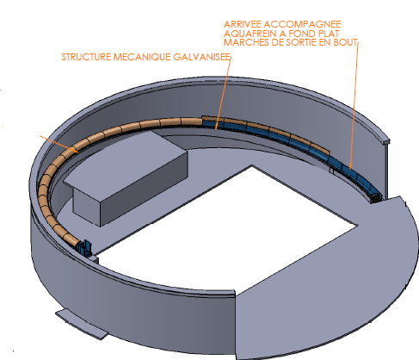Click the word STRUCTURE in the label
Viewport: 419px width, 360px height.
point(86,57)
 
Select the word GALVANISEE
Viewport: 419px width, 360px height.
point(201,57)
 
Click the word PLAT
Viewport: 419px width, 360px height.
point(327,34)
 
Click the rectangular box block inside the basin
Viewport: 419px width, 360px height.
point(126,177)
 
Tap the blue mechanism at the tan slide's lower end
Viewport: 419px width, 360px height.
point(84,248)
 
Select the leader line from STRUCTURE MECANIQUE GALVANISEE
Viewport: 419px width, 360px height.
point(223,93)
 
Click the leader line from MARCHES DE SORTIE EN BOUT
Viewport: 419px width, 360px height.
point(354,106)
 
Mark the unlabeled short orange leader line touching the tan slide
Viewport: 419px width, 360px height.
point(59,144)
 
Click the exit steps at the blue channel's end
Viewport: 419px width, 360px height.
point(376,198)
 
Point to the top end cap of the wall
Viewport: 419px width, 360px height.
point(386,141)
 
